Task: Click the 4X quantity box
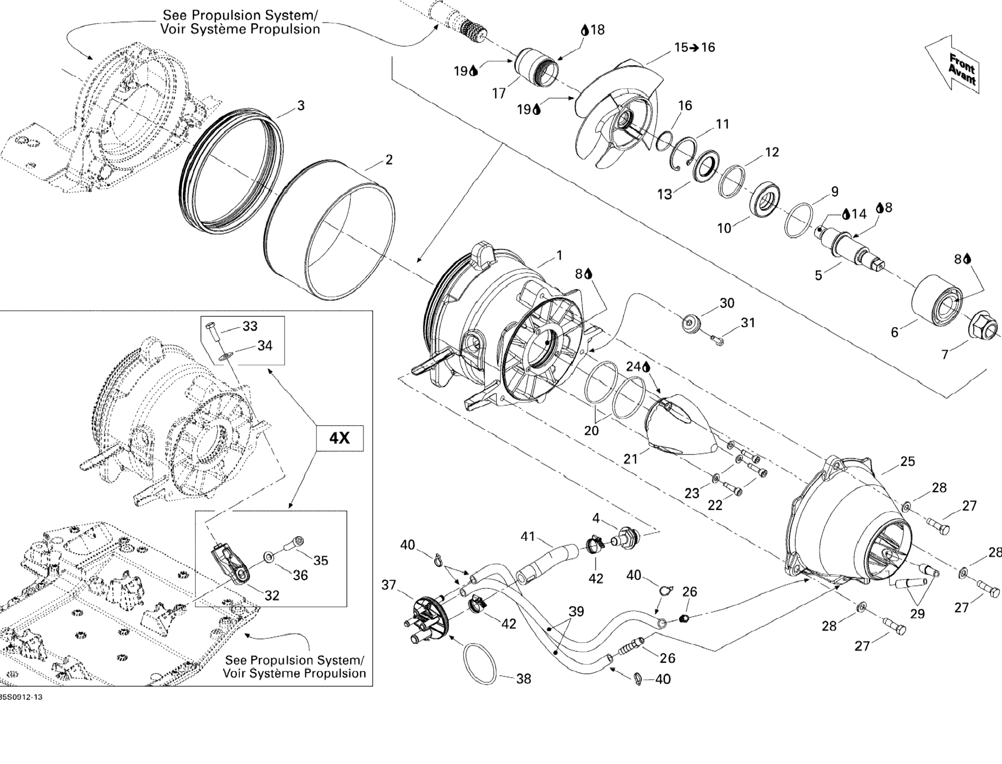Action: point(339,438)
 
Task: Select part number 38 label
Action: point(524,679)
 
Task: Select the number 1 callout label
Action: point(559,256)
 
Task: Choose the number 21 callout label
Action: point(630,459)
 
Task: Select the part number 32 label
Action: point(272,595)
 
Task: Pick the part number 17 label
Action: point(499,93)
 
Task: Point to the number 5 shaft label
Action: point(818,276)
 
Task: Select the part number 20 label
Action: point(591,430)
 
